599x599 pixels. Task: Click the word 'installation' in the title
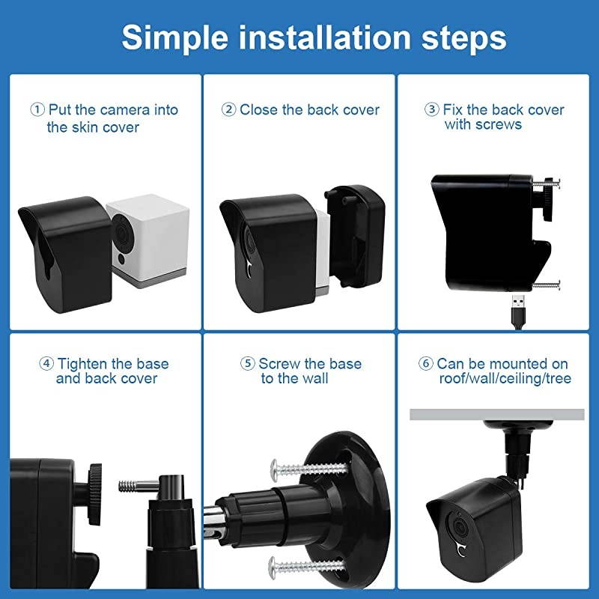pyautogui.click(x=315, y=37)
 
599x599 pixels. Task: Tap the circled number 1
pyautogui.click(x=37, y=110)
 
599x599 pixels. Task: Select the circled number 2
pyautogui.click(x=229, y=110)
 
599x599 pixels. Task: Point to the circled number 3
pyautogui.click(x=432, y=110)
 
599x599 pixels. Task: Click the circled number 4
pyautogui.click(x=46, y=365)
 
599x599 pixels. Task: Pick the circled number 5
pyautogui.click(x=248, y=365)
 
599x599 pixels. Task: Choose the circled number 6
pyautogui.click(x=426, y=365)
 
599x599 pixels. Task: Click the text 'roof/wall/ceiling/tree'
pyautogui.click(x=504, y=380)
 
